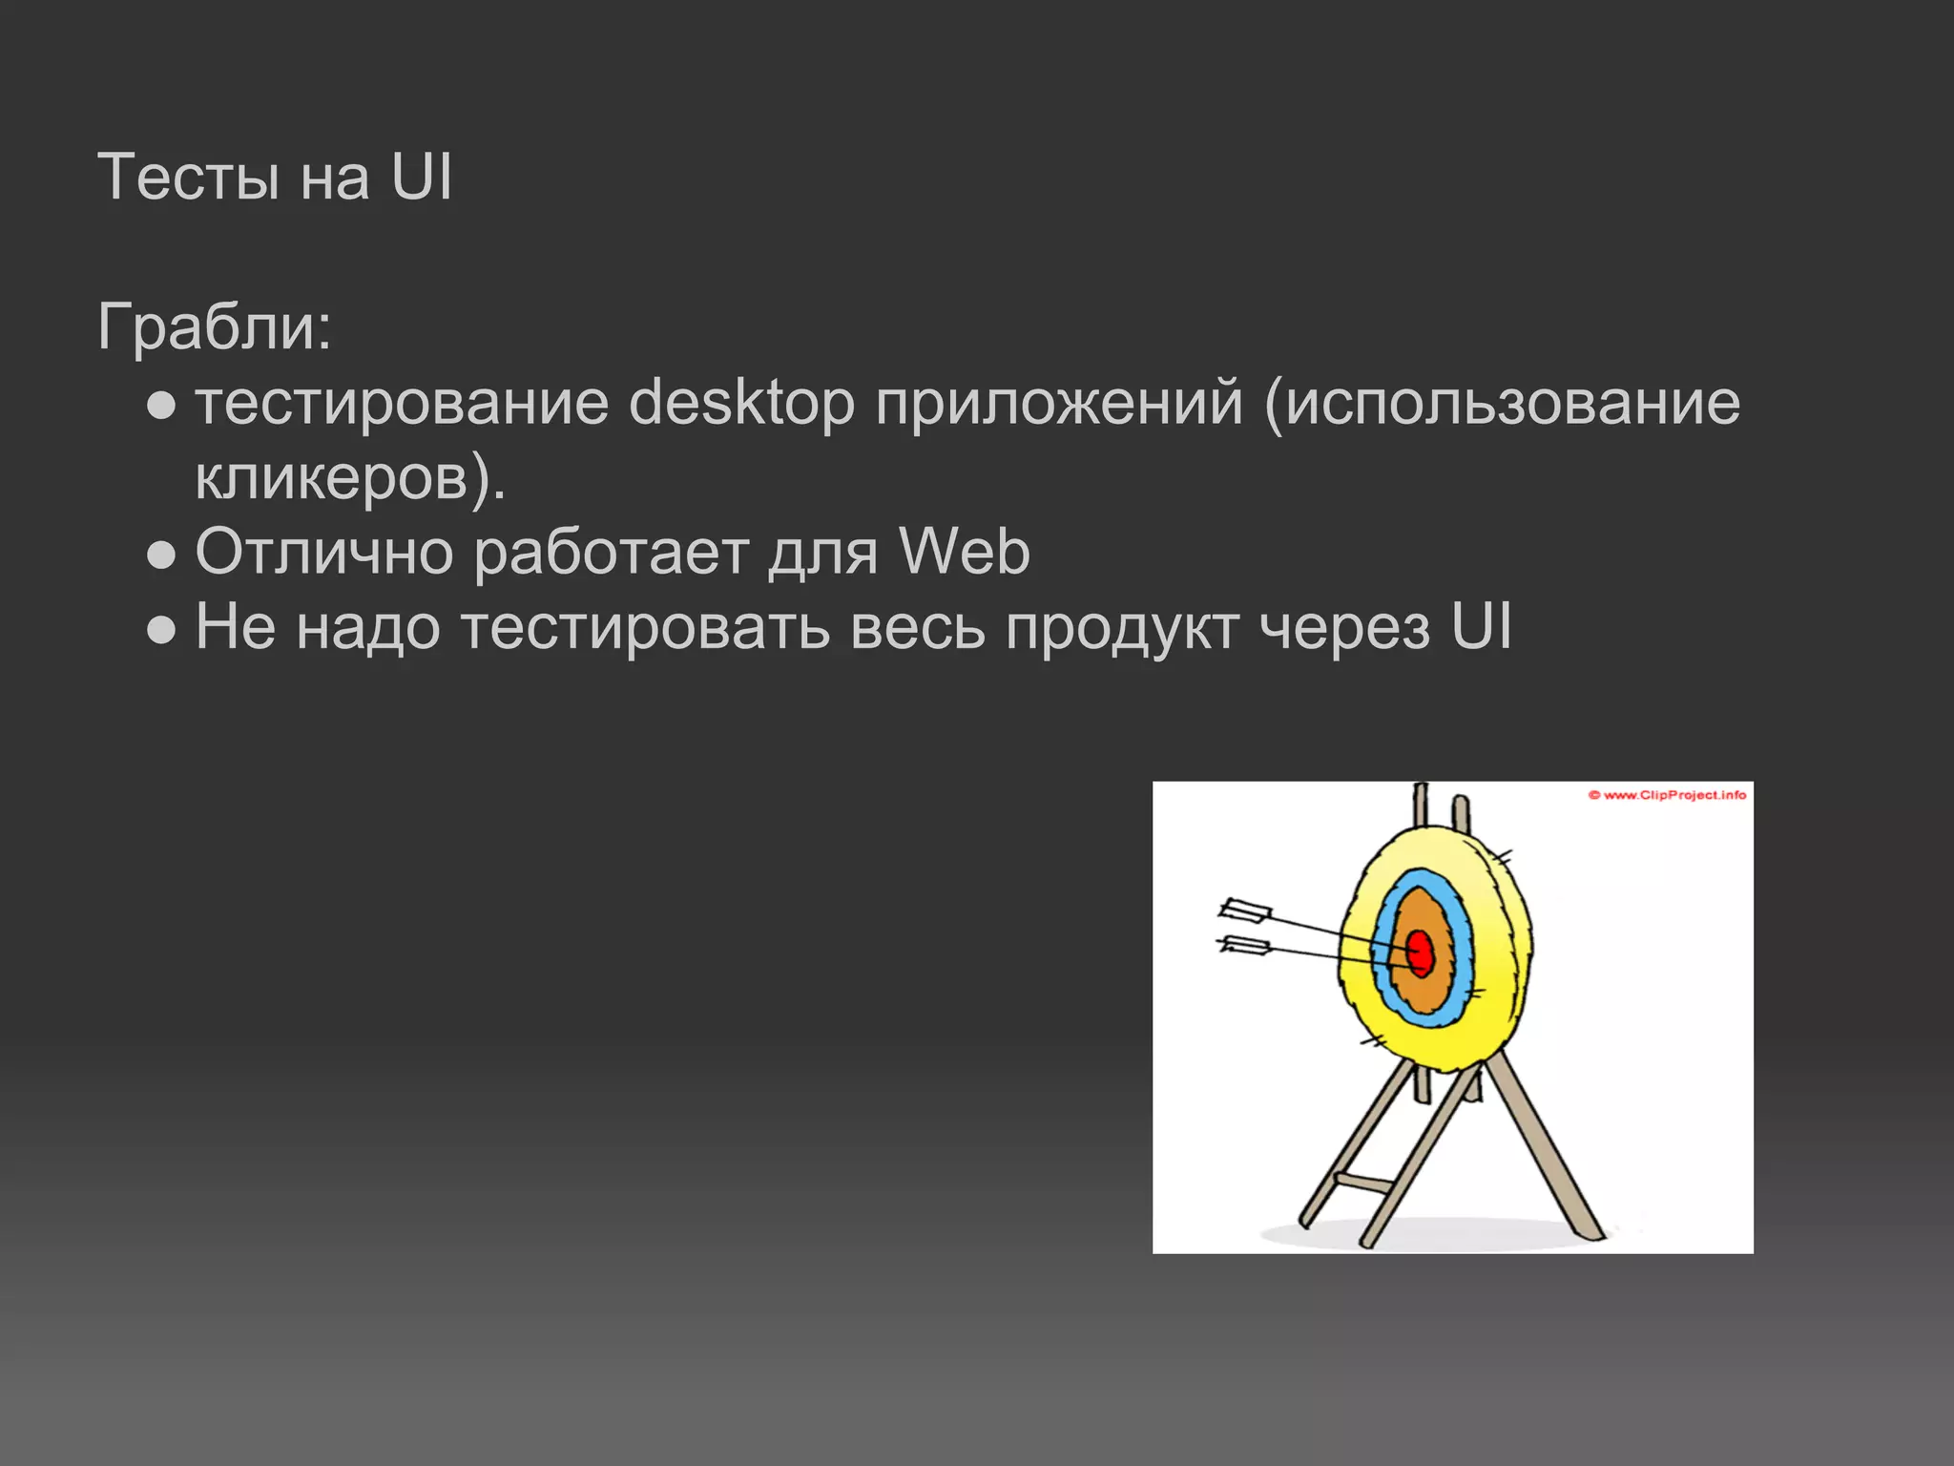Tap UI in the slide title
click(x=421, y=178)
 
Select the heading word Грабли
click(x=206, y=327)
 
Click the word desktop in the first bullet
click(x=741, y=403)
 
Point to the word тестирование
click(x=402, y=403)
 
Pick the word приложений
click(x=1059, y=403)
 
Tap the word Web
click(x=964, y=552)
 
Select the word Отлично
click(x=323, y=552)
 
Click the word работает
click(x=611, y=552)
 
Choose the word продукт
click(x=1122, y=627)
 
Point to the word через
click(x=1344, y=627)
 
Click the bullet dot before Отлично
click(x=162, y=555)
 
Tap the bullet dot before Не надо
click(x=162, y=630)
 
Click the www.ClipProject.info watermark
click(x=1667, y=795)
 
